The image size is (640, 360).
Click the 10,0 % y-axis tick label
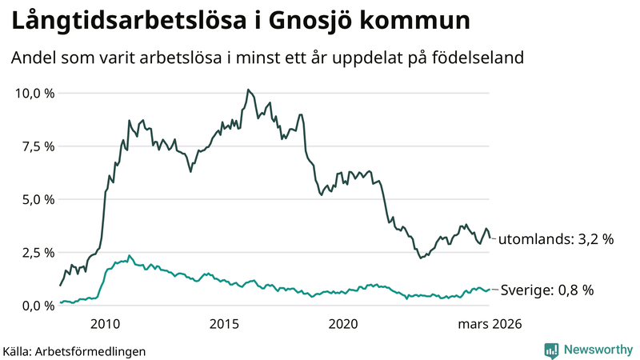coord(34,93)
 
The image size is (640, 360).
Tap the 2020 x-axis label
coord(344,324)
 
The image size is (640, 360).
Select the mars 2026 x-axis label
coord(490,324)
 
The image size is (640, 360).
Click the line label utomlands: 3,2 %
coord(556,238)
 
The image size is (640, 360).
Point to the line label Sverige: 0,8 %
coord(546,290)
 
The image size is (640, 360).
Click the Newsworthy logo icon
coord(551,350)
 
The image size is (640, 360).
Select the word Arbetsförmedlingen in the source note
coord(96,350)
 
